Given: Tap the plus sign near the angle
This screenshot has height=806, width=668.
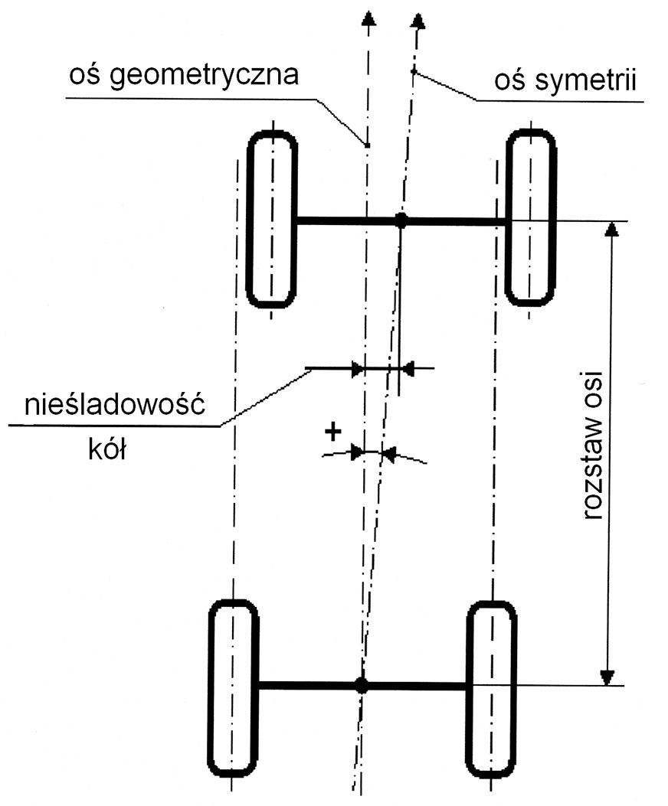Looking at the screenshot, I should tap(332, 432).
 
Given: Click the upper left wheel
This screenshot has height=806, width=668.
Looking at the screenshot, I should tap(272, 220).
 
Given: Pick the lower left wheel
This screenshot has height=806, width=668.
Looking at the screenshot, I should tap(234, 687).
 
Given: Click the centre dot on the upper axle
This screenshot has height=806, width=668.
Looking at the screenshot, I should tap(401, 220).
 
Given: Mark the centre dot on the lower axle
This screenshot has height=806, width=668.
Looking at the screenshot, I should tap(362, 686).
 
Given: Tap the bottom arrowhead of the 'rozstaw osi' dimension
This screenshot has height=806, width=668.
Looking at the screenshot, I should tap(608, 677).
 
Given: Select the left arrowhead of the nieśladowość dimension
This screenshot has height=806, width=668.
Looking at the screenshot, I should tap(357, 369).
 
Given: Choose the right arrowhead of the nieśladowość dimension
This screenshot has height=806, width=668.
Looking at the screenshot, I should tap(408, 369).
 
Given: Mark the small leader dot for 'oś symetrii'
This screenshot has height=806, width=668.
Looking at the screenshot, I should tap(414, 71).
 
